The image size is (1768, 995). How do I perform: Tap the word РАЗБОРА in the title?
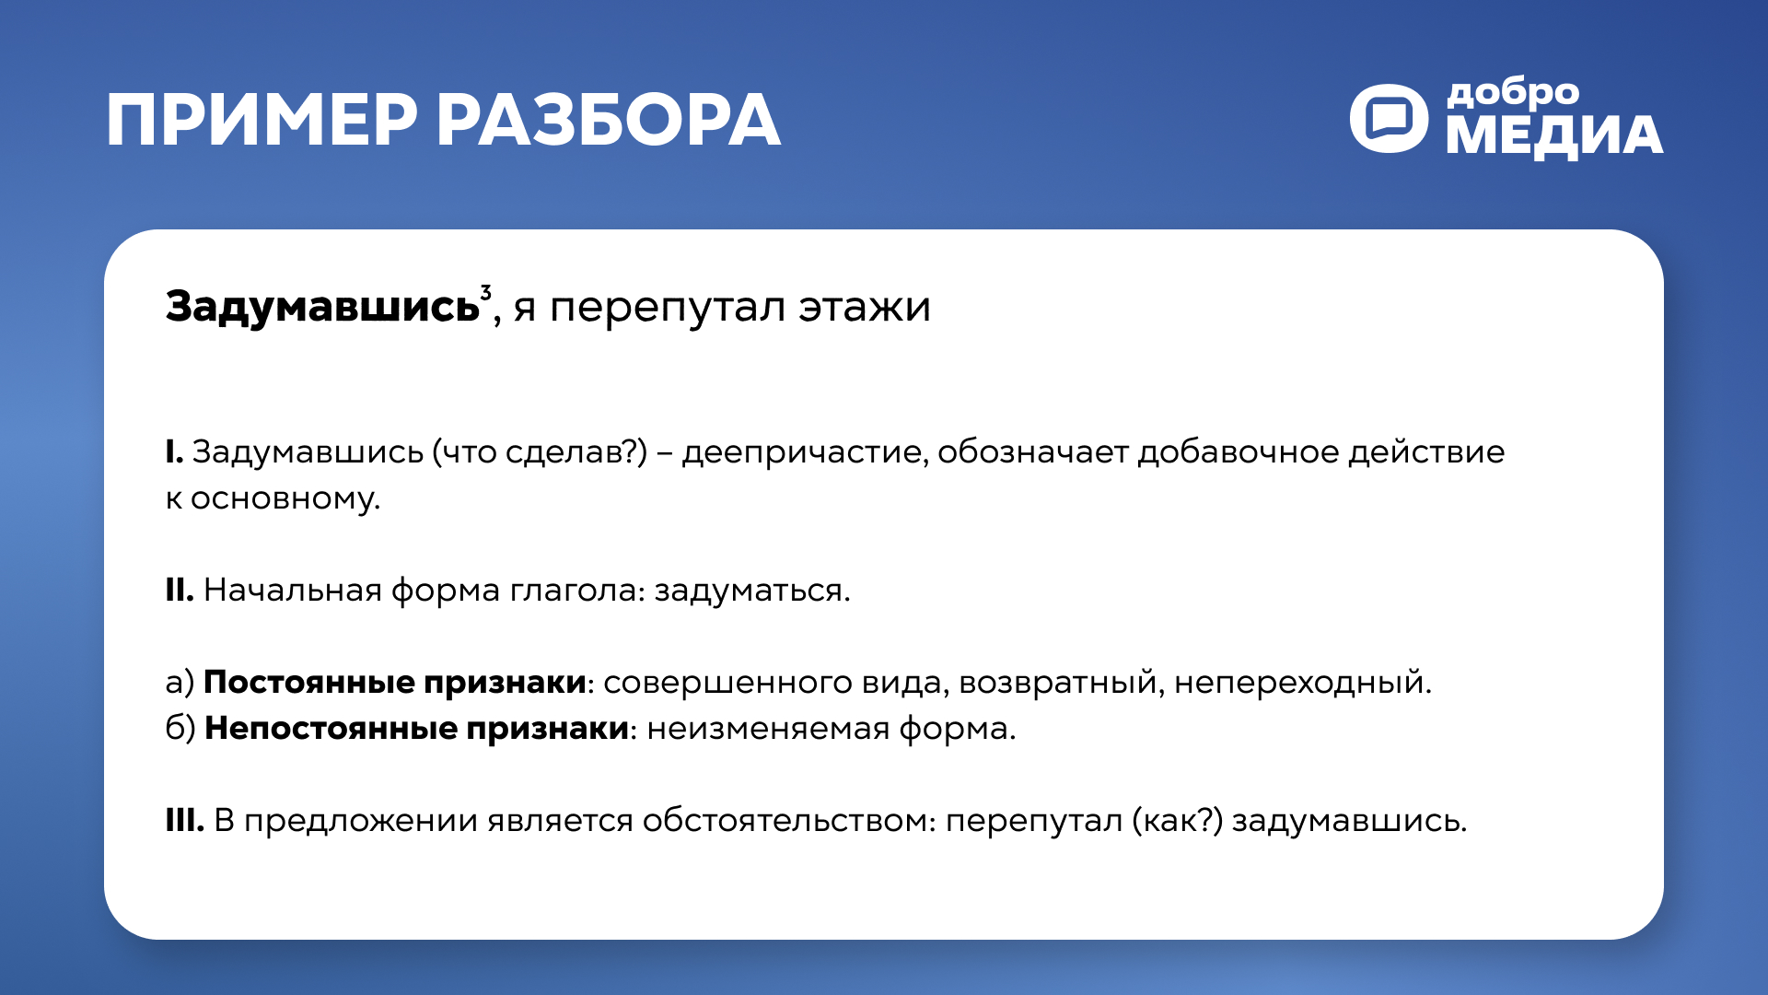pyautogui.click(x=608, y=121)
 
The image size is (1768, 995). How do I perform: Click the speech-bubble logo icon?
pyautogui.click(x=1389, y=118)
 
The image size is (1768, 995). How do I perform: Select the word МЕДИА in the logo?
pyautogui.click(x=1554, y=135)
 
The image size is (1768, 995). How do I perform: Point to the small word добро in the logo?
pyautogui.click(x=1513, y=93)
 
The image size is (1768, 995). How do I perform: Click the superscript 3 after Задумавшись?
pyautogui.click(x=486, y=293)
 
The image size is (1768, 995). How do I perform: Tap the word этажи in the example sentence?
pyautogui.click(x=864, y=307)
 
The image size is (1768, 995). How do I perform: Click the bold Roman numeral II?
pyautogui.click(x=180, y=590)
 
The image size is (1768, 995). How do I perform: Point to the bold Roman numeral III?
pyautogui.click(x=184, y=820)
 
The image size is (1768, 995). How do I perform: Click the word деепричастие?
pyautogui.click(x=803, y=452)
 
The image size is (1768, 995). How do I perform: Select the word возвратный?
pyautogui.click(x=1060, y=683)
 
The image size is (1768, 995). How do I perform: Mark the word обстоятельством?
pyautogui.click(x=786, y=820)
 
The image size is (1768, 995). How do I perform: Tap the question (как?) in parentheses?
pyautogui.click(x=1177, y=820)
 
